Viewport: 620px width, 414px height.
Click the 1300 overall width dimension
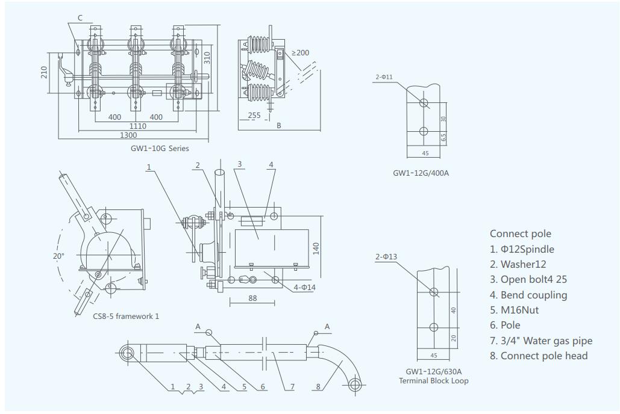[128, 135]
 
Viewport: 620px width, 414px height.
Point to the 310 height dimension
[207, 58]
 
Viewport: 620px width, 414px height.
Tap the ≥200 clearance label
[300, 53]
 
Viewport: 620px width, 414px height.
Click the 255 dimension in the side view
[254, 115]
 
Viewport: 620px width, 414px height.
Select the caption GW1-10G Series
[160, 149]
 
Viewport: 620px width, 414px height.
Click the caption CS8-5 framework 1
[126, 316]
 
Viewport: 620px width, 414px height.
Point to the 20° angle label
[58, 255]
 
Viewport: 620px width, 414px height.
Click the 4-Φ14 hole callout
[305, 287]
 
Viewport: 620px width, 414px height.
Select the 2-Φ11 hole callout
[384, 77]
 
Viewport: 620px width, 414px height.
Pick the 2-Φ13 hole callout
[386, 257]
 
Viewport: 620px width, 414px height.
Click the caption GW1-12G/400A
[421, 173]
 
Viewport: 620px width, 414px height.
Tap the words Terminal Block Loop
[433, 380]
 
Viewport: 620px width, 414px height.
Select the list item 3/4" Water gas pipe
[540, 341]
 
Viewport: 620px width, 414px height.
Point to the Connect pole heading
[520, 233]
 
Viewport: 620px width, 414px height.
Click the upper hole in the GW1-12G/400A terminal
[423, 102]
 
